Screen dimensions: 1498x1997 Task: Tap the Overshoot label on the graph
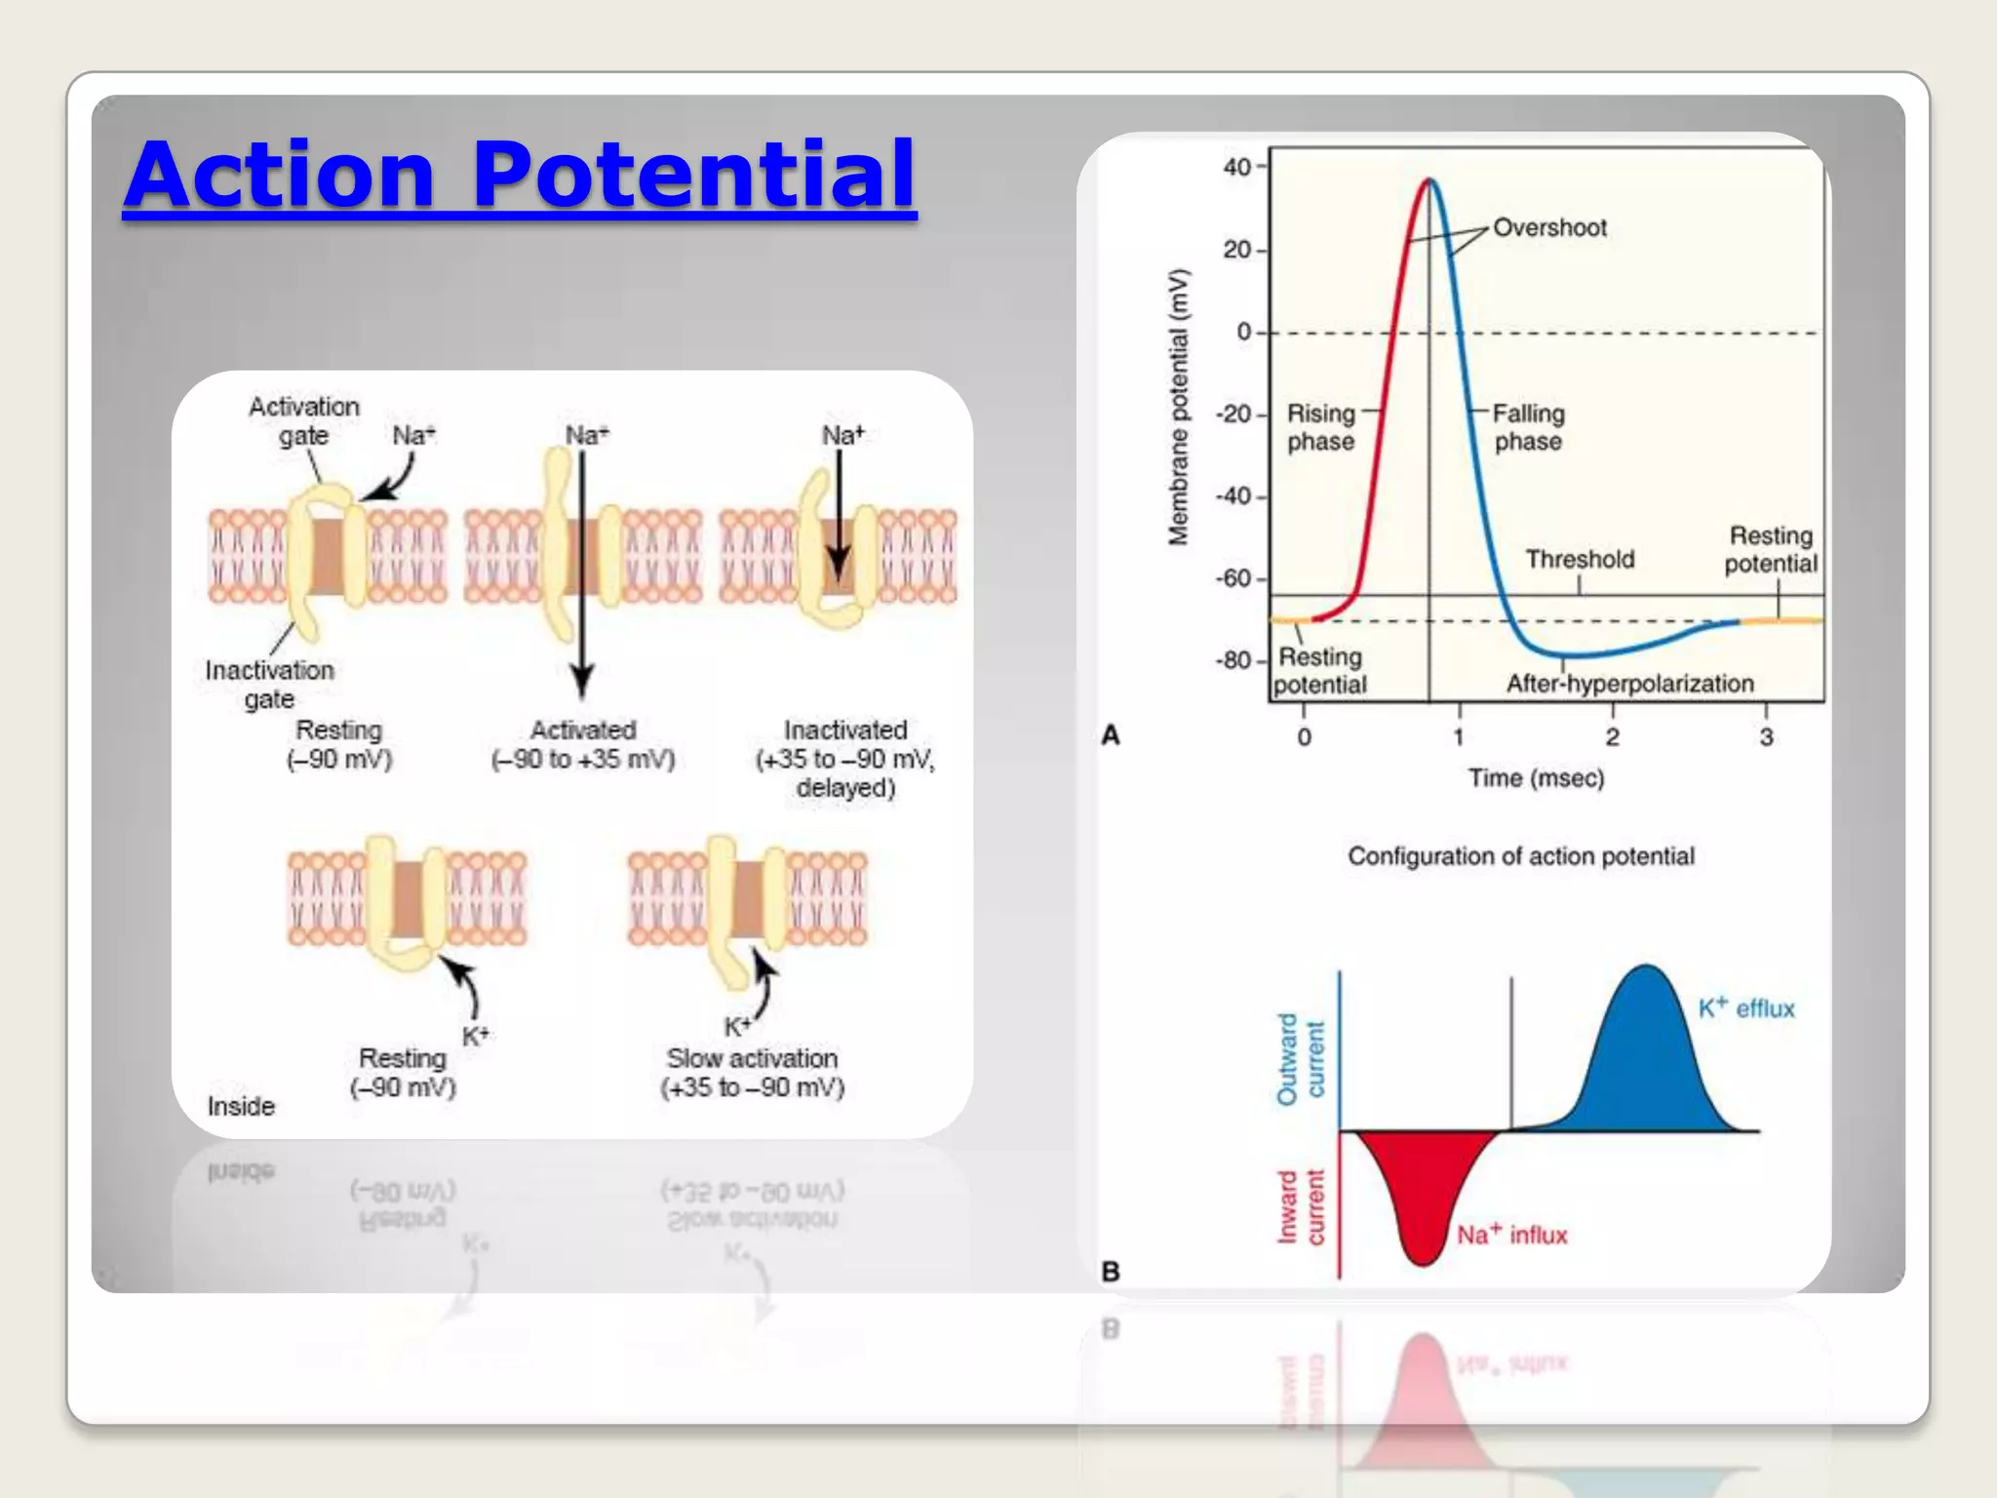(1548, 228)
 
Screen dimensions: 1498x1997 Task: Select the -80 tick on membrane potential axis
(1233, 661)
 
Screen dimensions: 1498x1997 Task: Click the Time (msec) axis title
(1536, 778)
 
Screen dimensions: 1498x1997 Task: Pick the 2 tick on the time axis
(1612, 737)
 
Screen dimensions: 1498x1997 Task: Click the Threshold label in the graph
(1580, 560)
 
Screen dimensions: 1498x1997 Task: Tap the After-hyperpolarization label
(1629, 684)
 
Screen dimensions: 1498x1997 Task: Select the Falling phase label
(1528, 427)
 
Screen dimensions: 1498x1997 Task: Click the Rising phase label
(1320, 427)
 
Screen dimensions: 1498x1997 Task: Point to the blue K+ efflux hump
(1646, 1063)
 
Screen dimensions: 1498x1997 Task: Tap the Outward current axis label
(1301, 1059)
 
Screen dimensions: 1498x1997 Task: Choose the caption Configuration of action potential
(1520, 856)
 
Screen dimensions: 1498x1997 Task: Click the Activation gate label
(303, 420)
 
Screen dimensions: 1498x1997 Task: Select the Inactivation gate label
(269, 684)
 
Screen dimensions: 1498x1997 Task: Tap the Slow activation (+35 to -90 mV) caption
(752, 1072)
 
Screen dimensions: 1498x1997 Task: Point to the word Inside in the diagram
(241, 1106)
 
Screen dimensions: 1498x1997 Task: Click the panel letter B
(1110, 1272)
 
